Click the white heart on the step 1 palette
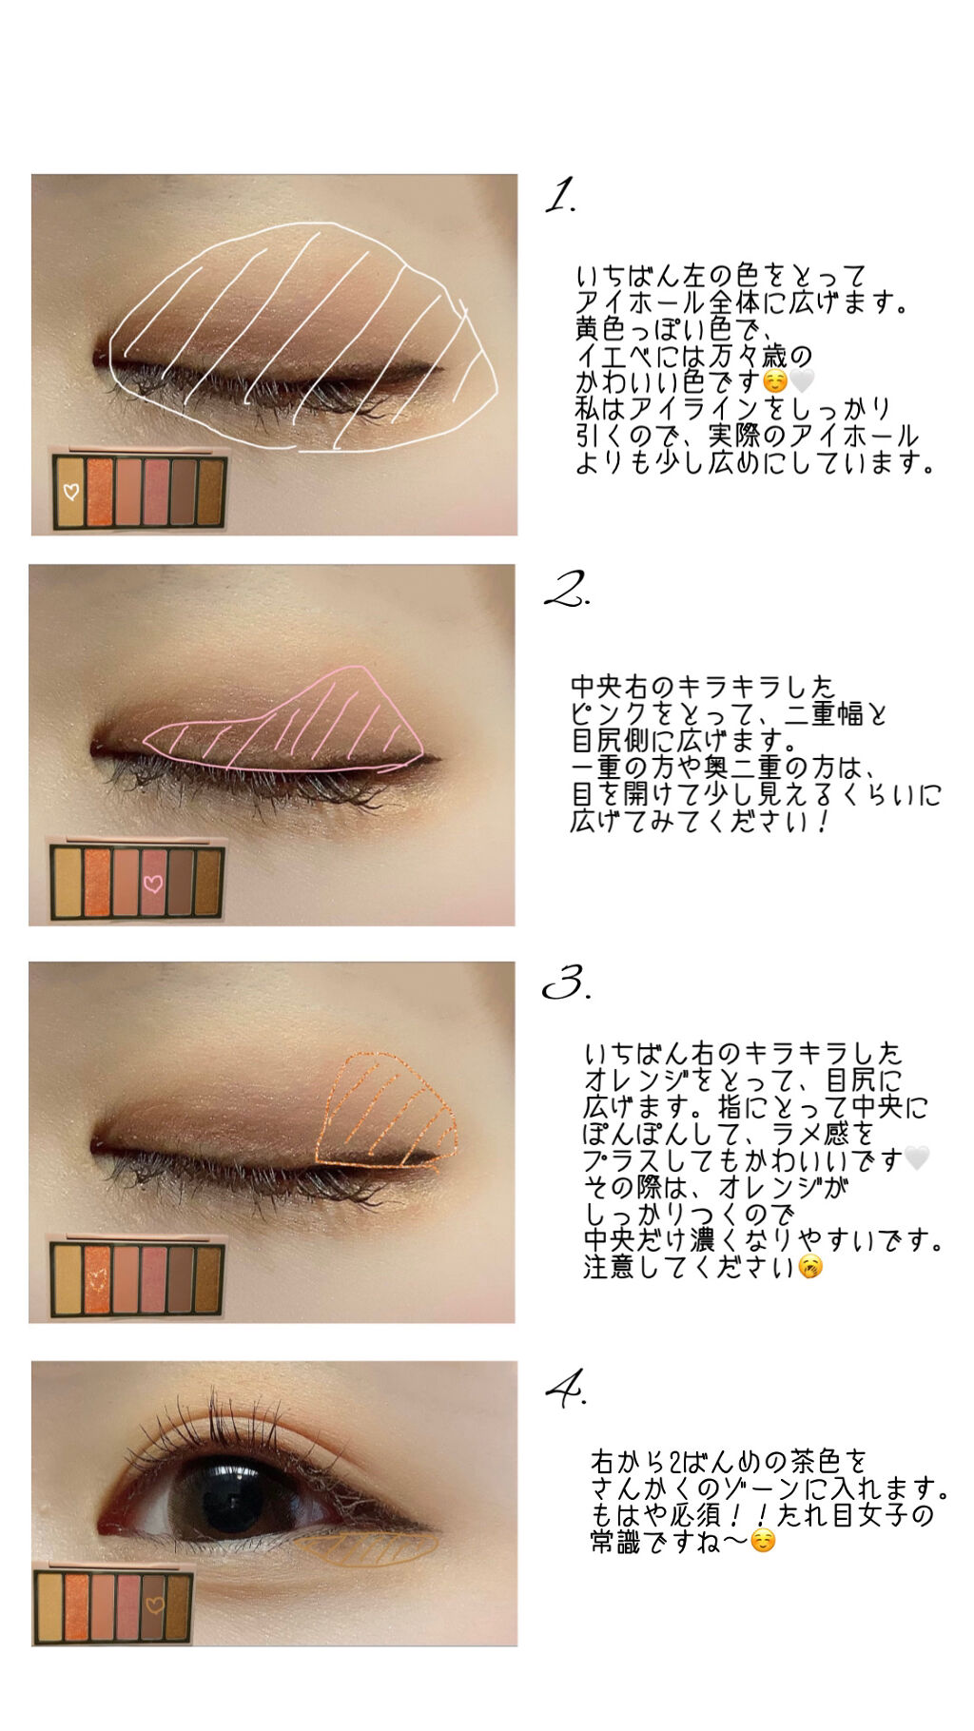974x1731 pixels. pos(70,492)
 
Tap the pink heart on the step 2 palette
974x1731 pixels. pos(152,884)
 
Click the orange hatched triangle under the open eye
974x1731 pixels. pos(366,1548)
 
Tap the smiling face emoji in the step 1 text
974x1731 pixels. pos(776,382)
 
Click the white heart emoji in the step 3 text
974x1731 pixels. pos(916,1158)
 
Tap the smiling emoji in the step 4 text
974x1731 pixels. pos(763,1541)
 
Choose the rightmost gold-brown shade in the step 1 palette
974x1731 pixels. pos(210,491)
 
